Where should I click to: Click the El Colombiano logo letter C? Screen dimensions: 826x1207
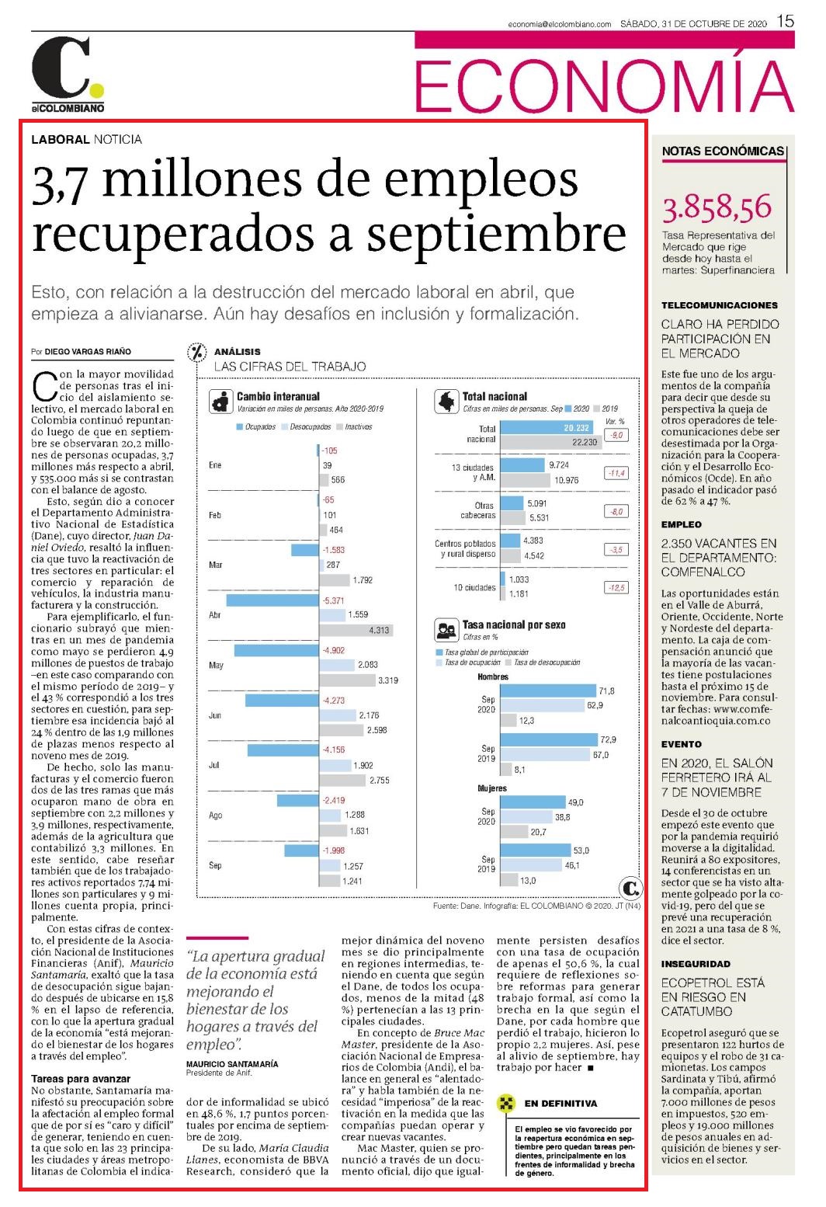point(61,68)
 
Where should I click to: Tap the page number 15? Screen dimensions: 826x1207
point(785,22)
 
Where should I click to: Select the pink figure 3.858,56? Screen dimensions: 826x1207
point(717,208)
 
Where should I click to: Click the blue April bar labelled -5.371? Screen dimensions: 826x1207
point(272,600)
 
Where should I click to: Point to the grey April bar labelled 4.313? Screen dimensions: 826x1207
point(356,630)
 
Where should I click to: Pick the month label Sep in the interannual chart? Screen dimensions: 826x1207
point(215,865)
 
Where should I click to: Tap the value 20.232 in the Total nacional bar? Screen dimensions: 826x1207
point(577,428)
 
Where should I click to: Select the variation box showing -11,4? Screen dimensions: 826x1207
point(616,473)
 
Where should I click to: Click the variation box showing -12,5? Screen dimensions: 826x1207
point(616,588)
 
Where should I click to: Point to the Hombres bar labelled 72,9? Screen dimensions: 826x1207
point(549,739)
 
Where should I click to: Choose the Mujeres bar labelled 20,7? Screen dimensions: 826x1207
point(514,832)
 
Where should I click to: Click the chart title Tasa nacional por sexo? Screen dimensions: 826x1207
point(514,625)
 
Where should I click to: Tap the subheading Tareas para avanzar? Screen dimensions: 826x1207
point(81,1079)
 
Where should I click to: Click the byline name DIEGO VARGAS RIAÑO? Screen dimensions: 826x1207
point(88,351)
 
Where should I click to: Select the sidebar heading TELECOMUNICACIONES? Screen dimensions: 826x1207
point(720,305)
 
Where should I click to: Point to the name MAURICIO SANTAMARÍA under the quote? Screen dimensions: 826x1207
point(232,1064)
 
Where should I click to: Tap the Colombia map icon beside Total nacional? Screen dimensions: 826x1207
point(446,402)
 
